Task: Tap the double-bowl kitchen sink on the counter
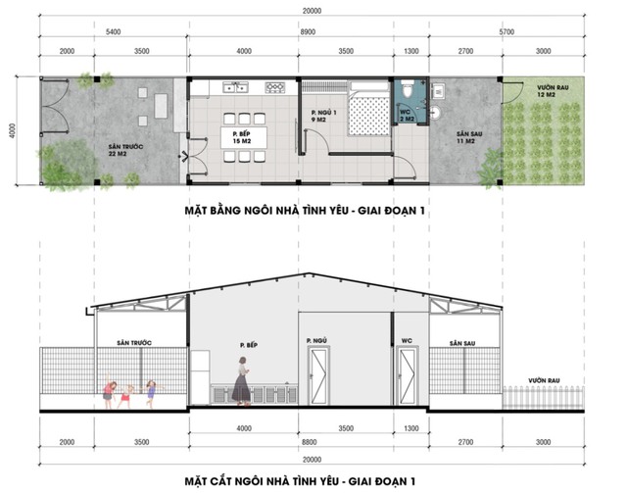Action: [x=235, y=87]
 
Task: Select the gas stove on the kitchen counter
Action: [x=275, y=87]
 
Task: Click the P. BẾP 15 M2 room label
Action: [x=242, y=137]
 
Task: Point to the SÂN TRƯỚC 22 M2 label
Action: [x=125, y=150]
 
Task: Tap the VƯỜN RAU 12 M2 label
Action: [x=553, y=91]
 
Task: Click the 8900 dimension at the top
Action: [x=308, y=32]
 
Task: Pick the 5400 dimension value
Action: [x=113, y=32]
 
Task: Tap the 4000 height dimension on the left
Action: [x=13, y=131]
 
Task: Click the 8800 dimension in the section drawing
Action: [x=310, y=442]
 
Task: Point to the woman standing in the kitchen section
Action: [x=242, y=381]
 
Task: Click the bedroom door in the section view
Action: [x=318, y=376]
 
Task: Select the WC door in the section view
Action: [x=408, y=376]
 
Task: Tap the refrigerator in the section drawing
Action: [x=200, y=377]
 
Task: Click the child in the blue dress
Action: [x=151, y=394]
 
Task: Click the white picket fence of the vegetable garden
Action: [x=543, y=397]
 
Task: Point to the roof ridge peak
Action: [x=308, y=273]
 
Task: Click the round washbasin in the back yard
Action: [x=435, y=112]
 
